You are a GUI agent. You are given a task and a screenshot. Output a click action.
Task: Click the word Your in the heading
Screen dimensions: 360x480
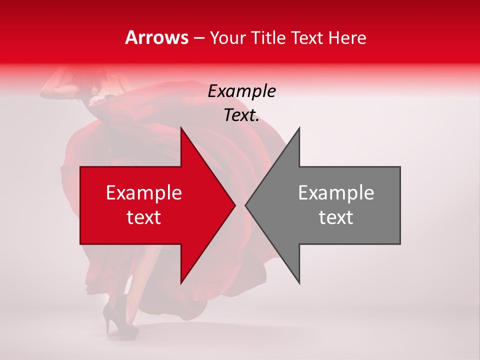[228, 38]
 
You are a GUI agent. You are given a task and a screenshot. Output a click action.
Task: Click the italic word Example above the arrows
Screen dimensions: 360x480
[241, 91]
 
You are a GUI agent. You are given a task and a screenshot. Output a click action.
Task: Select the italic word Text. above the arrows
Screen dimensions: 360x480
[241, 115]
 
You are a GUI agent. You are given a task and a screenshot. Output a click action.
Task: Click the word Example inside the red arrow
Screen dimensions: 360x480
[144, 193]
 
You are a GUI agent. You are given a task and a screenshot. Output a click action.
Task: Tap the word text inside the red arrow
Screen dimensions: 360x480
[144, 217]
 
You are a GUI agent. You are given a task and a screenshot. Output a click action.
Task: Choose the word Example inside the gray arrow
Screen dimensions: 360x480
[336, 193]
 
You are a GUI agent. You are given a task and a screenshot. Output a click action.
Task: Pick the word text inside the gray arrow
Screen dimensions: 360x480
[336, 217]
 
